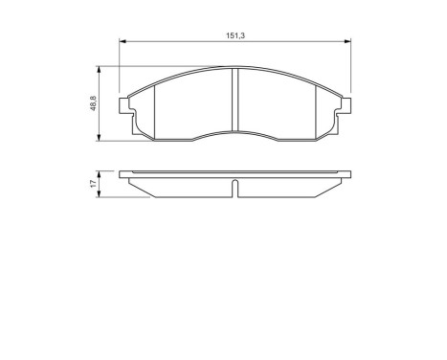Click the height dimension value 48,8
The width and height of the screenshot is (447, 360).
click(94, 103)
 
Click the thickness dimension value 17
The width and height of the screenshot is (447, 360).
click(94, 185)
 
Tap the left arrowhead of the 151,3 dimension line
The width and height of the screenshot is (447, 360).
click(122, 41)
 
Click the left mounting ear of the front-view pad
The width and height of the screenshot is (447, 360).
click(125, 107)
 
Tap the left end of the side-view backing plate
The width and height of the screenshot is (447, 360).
click(123, 174)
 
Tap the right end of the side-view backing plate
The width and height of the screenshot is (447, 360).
click(348, 174)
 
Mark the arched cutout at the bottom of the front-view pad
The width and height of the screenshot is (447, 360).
click(235, 134)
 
